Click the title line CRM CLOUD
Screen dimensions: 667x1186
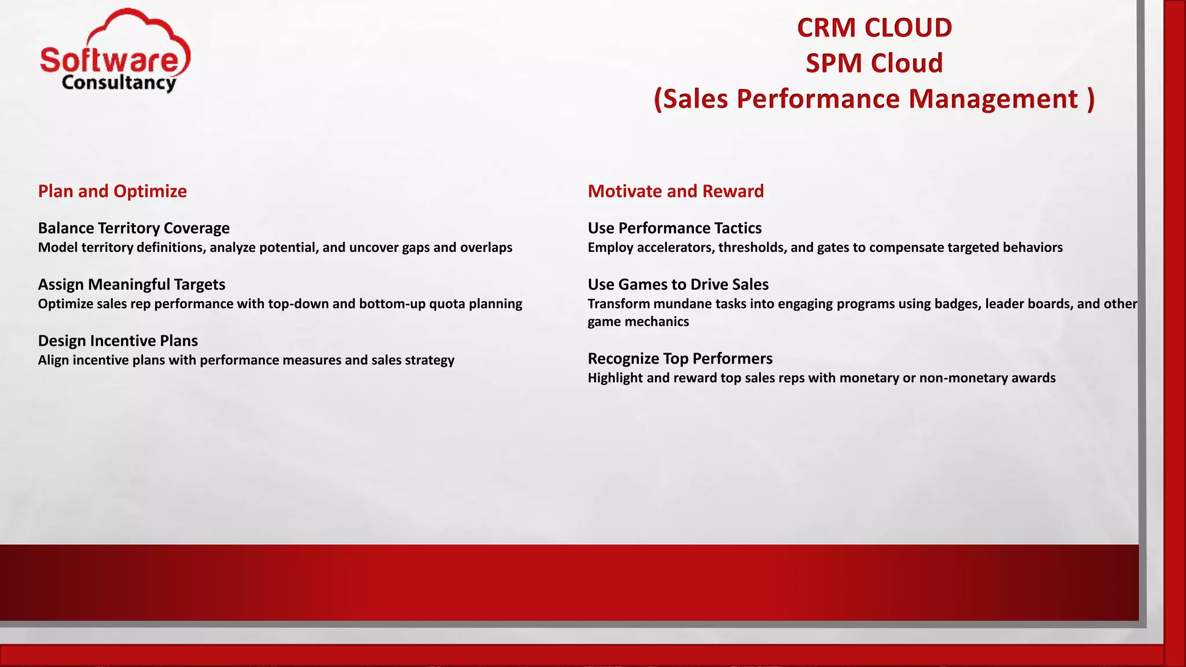tap(874, 28)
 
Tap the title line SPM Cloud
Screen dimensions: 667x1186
tap(874, 63)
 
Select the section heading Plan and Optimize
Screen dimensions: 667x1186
tap(112, 191)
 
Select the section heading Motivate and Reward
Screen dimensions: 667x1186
tap(675, 191)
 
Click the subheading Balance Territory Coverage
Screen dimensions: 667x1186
tap(134, 228)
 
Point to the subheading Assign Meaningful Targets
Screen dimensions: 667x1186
tap(131, 284)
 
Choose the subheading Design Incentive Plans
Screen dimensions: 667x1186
tap(118, 340)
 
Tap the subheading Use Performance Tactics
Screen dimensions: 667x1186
tap(674, 228)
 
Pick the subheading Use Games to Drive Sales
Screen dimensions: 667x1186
tap(678, 284)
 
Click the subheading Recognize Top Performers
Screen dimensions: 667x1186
tap(680, 358)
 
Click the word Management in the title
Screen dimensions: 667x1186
tap(993, 99)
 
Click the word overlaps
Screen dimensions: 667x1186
tap(486, 248)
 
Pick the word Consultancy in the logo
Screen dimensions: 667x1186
tap(119, 83)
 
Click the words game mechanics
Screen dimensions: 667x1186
tap(638, 322)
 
